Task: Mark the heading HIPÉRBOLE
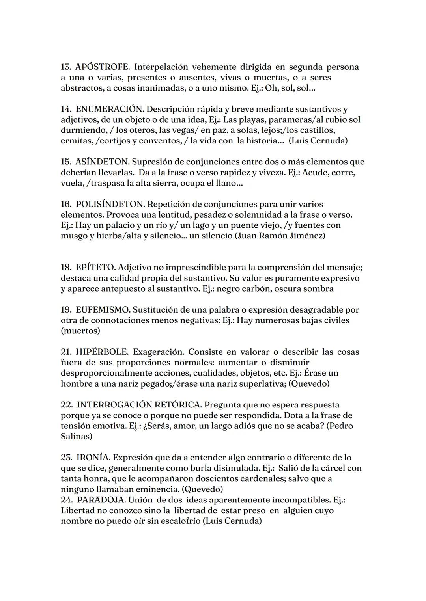102,352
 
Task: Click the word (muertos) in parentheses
80,331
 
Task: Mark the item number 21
66,352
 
